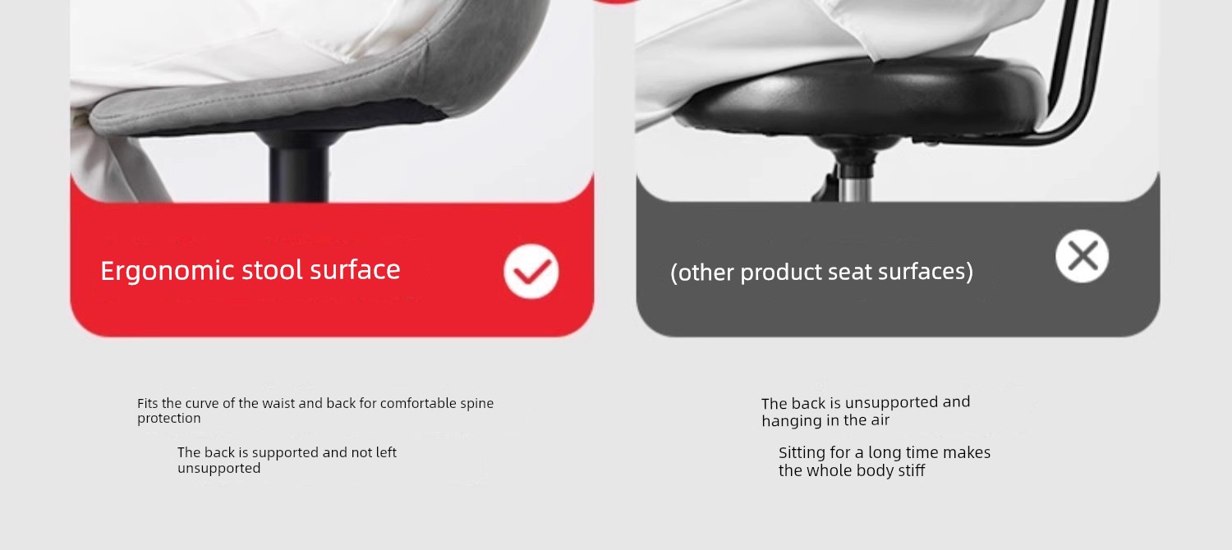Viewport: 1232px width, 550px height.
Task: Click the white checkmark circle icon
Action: [531, 272]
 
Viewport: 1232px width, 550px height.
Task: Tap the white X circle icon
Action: [1082, 256]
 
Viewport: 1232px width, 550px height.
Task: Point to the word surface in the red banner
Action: [355, 270]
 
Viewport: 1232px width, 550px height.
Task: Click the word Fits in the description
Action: [147, 403]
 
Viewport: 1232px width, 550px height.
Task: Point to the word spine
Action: [477, 404]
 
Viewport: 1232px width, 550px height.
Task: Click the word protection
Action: [169, 419]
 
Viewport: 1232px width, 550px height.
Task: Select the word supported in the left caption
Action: [286, 453]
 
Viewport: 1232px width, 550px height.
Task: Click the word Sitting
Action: [802, 453]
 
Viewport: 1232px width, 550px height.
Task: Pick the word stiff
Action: [912, 470]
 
